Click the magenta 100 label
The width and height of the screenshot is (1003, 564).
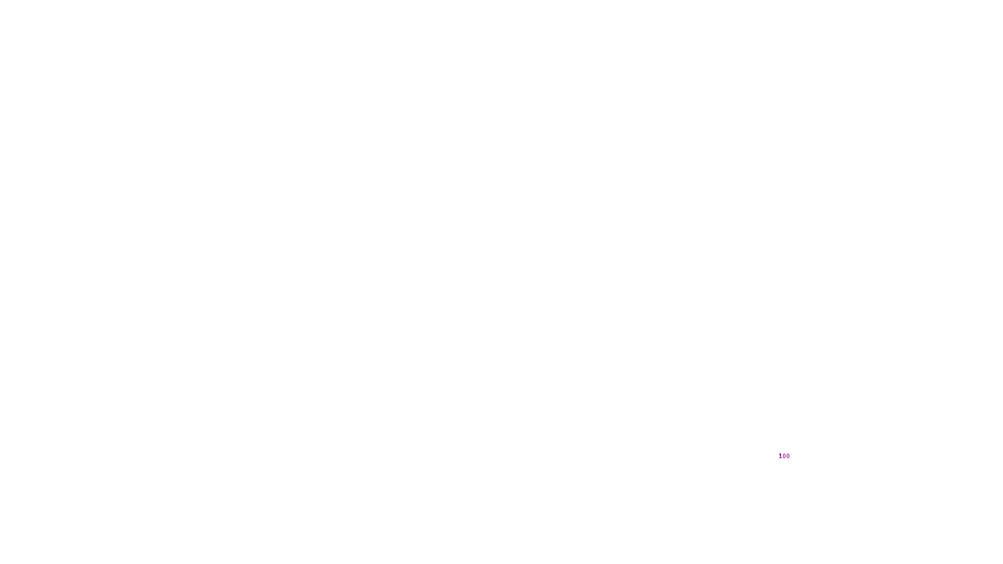[x=784, y=456]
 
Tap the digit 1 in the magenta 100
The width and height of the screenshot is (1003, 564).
[x=780, y=456]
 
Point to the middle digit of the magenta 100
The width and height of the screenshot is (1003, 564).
[x=784, y=456]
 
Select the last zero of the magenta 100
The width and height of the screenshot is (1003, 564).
[x=788, y=456]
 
